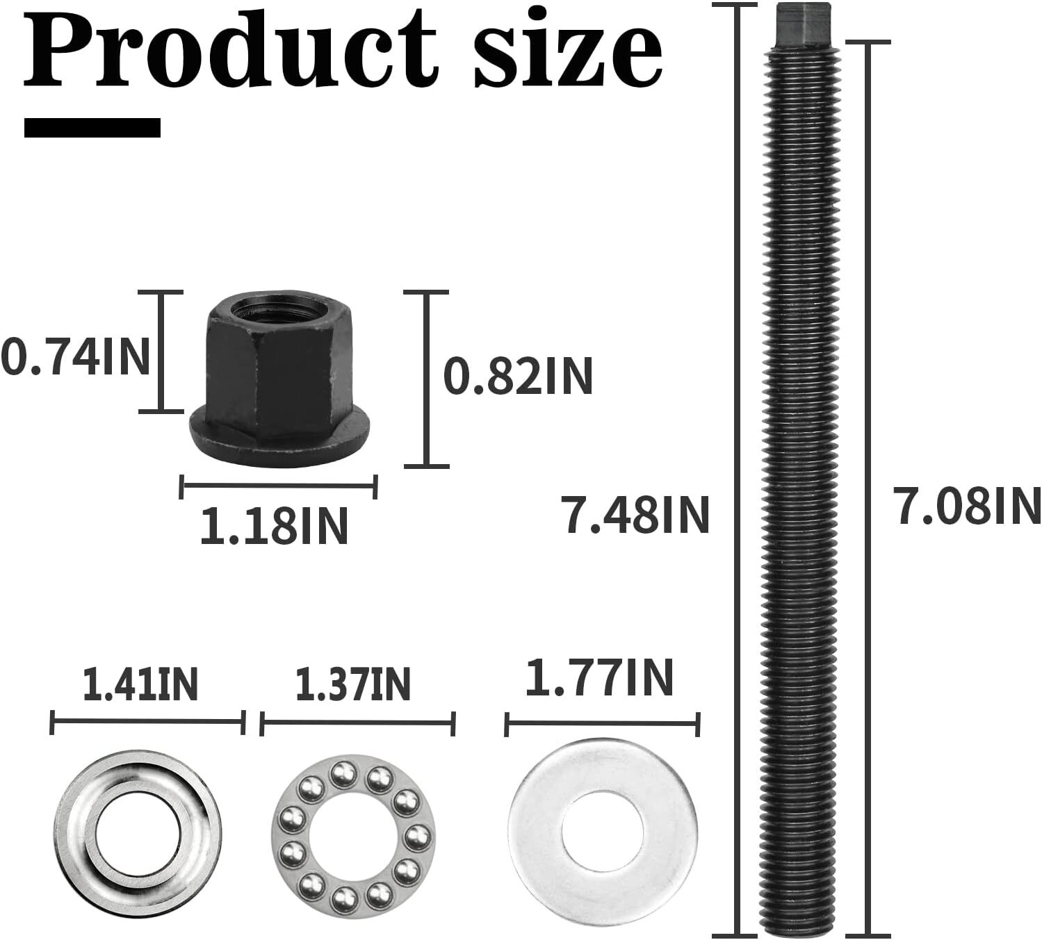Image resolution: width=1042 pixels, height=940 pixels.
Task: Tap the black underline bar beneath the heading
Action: click(x=92, y=128)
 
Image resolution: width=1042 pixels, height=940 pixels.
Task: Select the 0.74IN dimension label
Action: click(x=75, y=358)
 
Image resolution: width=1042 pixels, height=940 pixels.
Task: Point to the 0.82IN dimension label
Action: click(x=518, y=377)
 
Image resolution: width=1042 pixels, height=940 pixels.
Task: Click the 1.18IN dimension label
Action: click(x=274, y=526)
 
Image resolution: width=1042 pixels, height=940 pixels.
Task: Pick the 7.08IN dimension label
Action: click(x=967, y=506)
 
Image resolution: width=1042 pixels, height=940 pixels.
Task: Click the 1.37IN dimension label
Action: click(x=353, y=684)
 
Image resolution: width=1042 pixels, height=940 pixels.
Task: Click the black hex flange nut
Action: click(x=278, y=389)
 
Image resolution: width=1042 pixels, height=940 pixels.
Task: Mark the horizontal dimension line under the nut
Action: click(x=278, y=486)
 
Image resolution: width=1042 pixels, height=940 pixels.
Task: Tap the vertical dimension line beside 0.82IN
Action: click(x=426, y=379)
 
